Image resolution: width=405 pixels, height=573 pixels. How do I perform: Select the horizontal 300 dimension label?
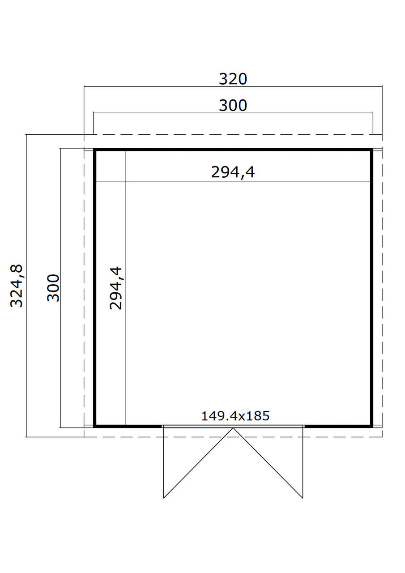233,105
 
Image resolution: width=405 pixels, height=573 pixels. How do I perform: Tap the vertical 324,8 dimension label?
17,286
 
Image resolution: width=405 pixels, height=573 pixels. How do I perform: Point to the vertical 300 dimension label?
53,288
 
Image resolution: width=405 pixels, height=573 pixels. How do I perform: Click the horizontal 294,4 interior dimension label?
233,172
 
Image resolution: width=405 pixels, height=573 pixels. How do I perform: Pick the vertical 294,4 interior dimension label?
116,288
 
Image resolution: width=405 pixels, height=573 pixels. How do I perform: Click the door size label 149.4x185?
235,416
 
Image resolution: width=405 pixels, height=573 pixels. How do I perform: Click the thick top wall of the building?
233,150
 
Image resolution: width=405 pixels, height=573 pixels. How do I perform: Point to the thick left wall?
94,288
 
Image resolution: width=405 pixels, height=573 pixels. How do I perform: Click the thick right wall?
371,288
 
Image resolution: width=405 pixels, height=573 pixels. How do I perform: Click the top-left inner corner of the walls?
96,151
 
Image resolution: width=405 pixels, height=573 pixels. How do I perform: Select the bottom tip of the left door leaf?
164,498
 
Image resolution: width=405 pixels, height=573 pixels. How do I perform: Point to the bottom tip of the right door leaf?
303,498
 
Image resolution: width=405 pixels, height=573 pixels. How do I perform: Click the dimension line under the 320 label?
233,87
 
